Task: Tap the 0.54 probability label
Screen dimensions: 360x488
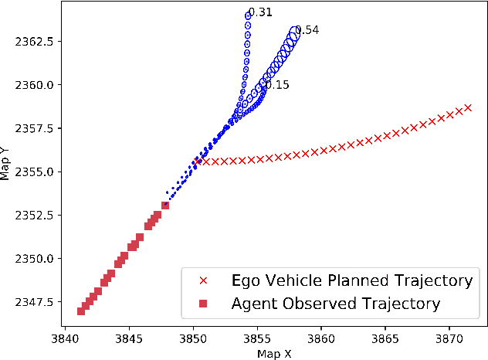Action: tap(307, 30)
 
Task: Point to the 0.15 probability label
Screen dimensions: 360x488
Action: tap(277, 85)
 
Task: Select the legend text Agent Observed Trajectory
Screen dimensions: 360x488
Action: tap(335, 304)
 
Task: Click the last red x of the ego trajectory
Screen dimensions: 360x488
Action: tap(468, 107)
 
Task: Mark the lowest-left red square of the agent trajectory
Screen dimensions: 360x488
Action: tap(81, 311)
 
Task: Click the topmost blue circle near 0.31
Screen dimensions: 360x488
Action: tap(249, 15)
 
